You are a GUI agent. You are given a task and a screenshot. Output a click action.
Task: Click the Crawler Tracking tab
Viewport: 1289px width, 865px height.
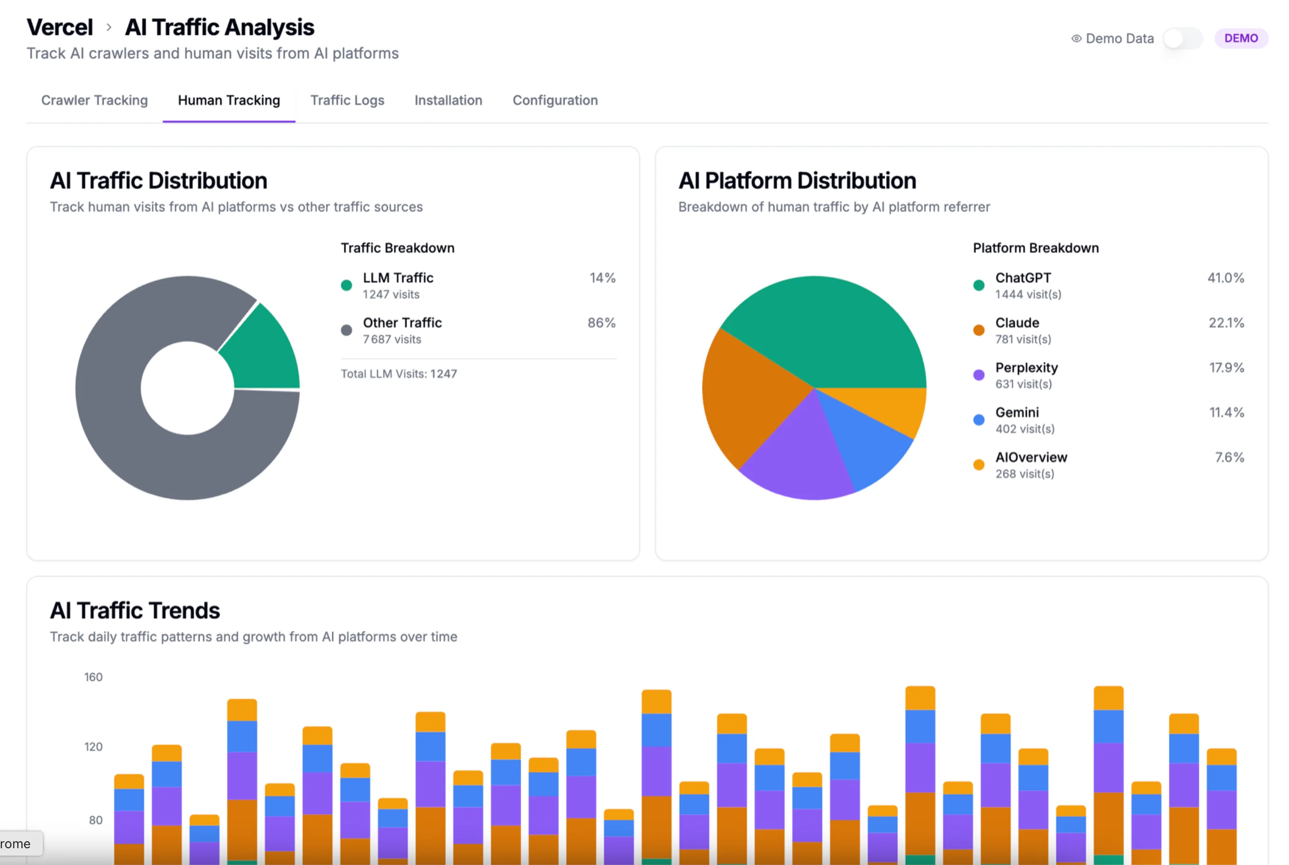94,100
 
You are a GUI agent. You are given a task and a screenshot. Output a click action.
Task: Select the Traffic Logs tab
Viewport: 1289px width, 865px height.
347,100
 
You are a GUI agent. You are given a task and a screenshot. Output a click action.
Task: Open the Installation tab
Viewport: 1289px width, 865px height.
448,100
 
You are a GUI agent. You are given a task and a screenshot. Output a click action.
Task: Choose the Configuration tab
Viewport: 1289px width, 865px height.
554,100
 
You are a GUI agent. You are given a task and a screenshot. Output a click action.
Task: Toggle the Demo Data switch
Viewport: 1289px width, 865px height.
1182,39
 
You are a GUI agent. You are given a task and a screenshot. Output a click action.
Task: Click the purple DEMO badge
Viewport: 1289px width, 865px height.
1240,39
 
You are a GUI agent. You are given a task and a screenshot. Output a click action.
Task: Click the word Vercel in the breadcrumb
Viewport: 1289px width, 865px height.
60,27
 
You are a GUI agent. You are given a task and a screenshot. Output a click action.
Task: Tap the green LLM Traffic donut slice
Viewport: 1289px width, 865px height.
262,350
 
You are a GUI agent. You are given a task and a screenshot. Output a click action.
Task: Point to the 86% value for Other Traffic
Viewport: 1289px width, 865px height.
601,323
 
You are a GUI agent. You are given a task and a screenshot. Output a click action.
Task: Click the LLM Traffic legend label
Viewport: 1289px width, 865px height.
398,278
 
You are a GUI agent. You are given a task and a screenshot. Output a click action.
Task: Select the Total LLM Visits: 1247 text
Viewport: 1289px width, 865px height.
399,374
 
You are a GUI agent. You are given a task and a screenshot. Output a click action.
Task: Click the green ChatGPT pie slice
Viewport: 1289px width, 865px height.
828,331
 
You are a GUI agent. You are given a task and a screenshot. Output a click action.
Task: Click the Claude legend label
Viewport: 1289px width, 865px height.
1016,323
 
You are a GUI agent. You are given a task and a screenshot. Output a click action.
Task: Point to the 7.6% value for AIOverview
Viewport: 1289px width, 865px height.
1229,457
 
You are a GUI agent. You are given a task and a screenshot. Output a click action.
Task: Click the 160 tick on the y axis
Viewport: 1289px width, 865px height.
93,677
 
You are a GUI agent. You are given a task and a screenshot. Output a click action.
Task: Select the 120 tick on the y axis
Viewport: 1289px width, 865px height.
93,747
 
